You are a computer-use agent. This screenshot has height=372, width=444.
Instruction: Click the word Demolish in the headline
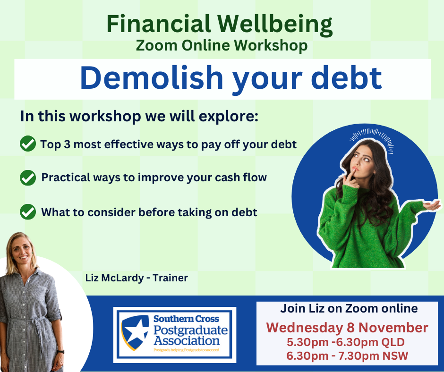coord(152,78)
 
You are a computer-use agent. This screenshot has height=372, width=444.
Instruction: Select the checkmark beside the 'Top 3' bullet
coord(28,144)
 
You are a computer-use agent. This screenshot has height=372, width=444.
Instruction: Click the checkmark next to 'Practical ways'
coord(28,178)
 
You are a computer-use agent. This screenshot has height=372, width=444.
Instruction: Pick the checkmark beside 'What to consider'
coord(28,212)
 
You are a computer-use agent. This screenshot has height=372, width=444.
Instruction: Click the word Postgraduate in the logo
coord(190,330)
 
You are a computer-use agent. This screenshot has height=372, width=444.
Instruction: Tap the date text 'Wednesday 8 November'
coord(347,328)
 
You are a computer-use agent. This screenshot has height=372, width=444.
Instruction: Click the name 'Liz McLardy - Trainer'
coord(137,278)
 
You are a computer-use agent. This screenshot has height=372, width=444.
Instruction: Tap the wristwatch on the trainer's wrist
coord(60,352)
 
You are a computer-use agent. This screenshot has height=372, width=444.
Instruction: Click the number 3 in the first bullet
coord(67,144)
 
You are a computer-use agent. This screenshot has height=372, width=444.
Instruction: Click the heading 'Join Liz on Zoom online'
coord(349,308)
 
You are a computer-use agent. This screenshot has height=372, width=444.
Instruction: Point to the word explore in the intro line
coord(229,117)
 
